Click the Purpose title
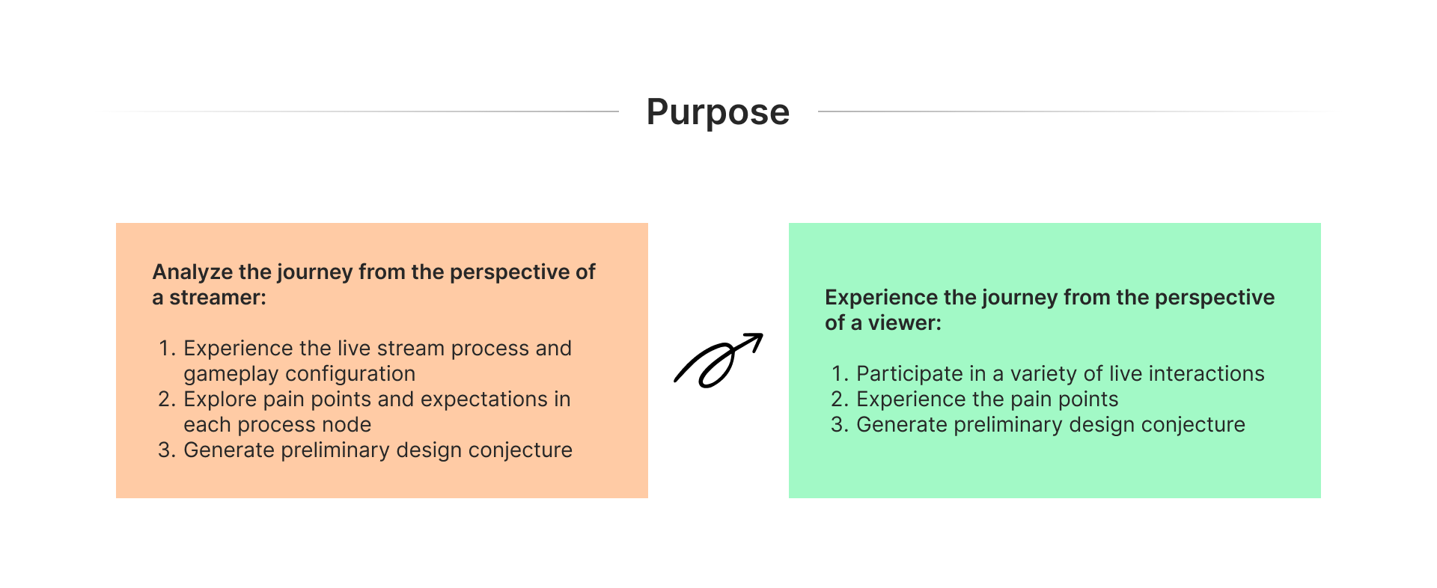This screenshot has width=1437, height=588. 718,112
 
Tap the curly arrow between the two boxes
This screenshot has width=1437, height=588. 718,361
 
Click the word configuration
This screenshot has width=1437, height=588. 351,374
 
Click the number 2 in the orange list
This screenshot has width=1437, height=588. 165,399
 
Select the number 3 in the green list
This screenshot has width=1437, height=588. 838,425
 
